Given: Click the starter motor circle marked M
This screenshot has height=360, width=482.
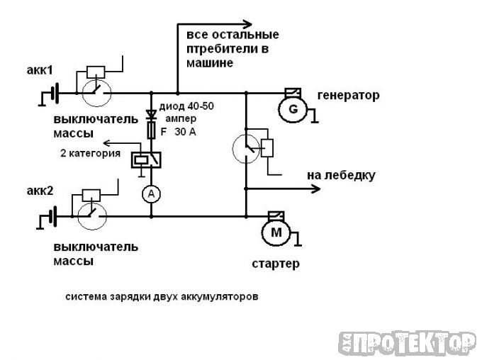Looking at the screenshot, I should tap(276, 231).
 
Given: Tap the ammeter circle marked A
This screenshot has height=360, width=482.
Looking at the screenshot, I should tap(150, 195).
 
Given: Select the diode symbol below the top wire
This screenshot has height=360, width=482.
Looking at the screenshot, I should tap(150, 115).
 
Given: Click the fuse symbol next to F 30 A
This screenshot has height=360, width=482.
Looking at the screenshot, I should tap(150, 130).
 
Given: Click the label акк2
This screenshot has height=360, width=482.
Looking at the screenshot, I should tap(40, 191).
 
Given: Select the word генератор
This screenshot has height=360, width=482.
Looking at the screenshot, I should tap(348, 95).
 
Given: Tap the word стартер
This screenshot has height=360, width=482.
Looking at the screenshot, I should tap(275, 264).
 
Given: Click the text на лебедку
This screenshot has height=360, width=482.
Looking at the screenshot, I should tap(341, 175).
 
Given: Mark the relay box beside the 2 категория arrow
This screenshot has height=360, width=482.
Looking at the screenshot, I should tap(145, 160).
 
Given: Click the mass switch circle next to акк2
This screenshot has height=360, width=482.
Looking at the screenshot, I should tap(91, 214).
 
